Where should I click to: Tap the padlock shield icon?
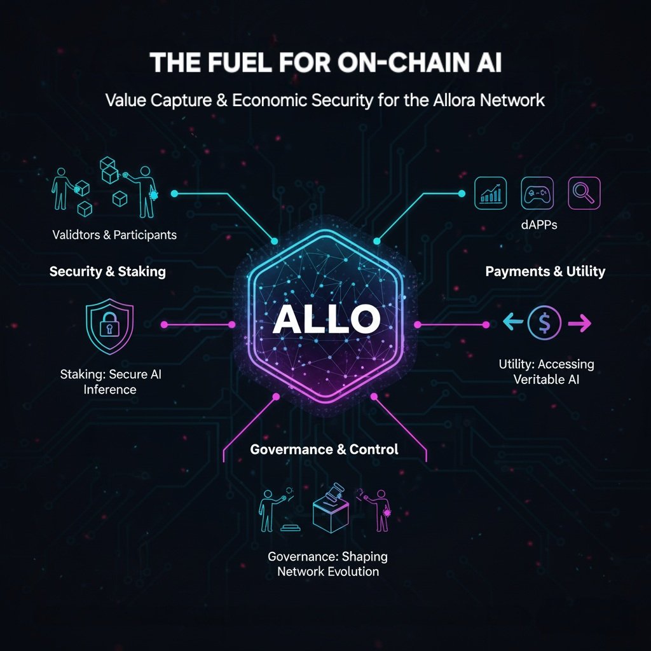pos(109,327)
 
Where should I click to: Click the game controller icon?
pos(537,193)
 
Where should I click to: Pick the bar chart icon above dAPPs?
pos(491,193)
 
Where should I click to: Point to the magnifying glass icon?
pos(584,193)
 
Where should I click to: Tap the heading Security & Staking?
pos(107,271)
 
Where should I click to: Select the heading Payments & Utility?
pos(545,271)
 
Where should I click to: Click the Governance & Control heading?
pos(324,449)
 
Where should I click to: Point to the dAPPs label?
pos(537,224)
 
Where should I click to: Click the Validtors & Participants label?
pos(114,235)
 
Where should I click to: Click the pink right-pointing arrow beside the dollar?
pos(579,324)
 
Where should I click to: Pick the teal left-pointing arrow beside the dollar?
pos(512,324)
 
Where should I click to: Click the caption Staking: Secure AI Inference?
pos(110,381)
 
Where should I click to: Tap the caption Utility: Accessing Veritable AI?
pos(546,371)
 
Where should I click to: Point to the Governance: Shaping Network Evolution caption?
pos(327,563)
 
